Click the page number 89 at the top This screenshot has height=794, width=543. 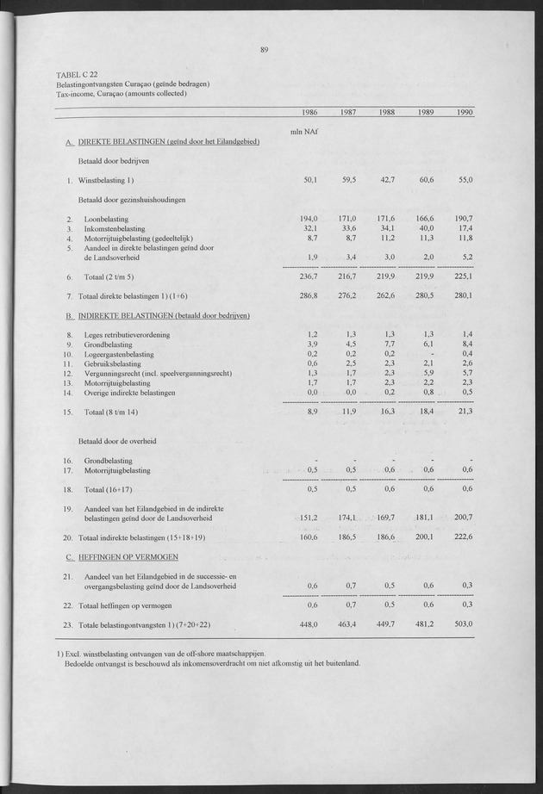pyautogui.click(x=265, y=49)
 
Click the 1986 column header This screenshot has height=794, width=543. pyautogui.click(x=310, y=114)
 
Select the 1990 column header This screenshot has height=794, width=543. pyautogui.click(x=465, y=114)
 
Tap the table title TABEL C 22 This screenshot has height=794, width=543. pyautogui.click(x=80, y=76)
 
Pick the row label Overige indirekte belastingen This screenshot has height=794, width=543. pyautogui.click(x=130, y=393)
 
